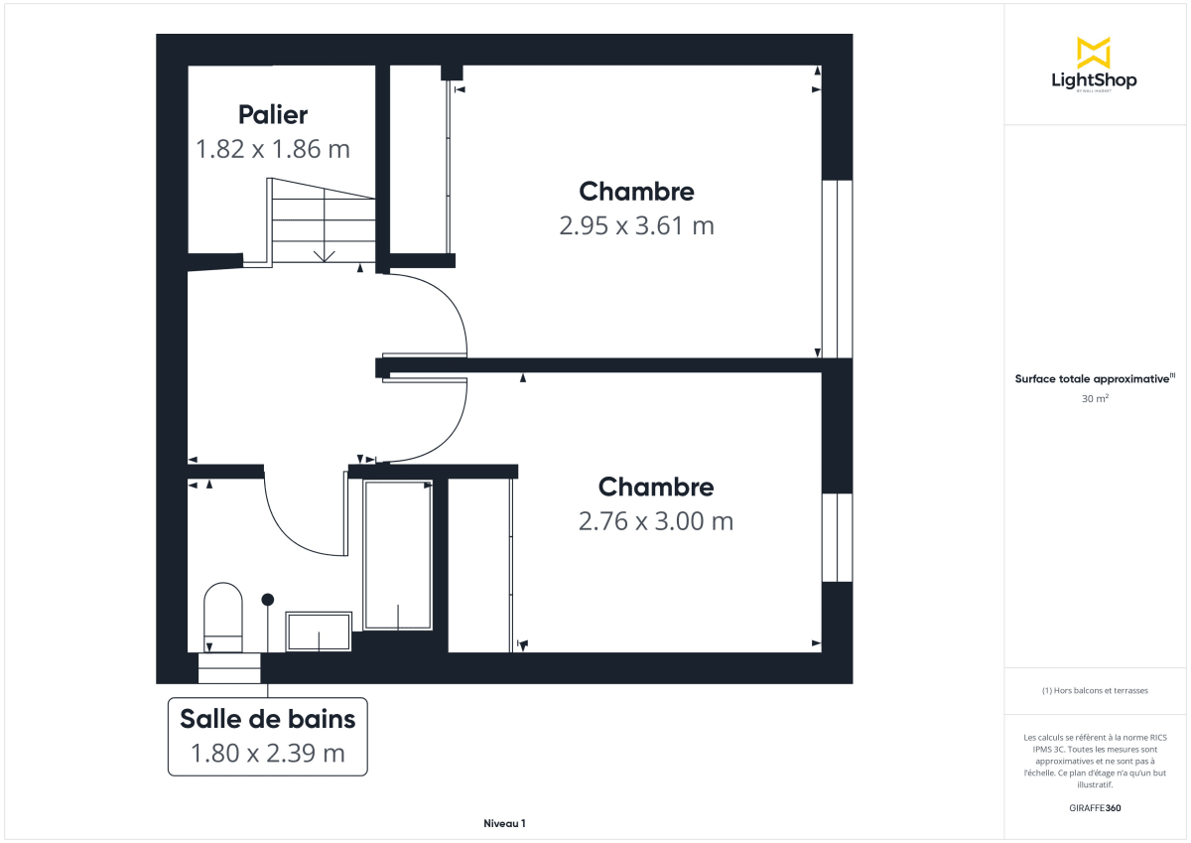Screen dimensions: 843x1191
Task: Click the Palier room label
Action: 273,115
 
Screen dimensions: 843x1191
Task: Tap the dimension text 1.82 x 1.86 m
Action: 273,150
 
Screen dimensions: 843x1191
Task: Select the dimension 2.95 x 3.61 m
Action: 636,226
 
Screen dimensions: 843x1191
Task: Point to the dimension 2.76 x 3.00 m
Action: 656,521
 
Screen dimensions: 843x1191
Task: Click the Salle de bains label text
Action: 267,716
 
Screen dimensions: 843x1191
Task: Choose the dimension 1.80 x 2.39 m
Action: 267,754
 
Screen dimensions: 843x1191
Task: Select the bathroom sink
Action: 319,632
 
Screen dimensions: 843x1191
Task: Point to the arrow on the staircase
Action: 324,255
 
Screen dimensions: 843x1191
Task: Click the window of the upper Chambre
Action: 837,268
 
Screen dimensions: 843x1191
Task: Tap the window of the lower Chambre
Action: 837,537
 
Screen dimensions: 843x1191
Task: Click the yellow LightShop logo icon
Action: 1094,52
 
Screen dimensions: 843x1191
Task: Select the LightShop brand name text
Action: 1094,80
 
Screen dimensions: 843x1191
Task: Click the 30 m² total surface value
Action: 1095,399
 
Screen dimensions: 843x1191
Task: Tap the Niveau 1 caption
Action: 504,823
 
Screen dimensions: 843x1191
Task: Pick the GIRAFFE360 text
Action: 1095,808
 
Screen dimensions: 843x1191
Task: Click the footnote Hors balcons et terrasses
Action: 1095,690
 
